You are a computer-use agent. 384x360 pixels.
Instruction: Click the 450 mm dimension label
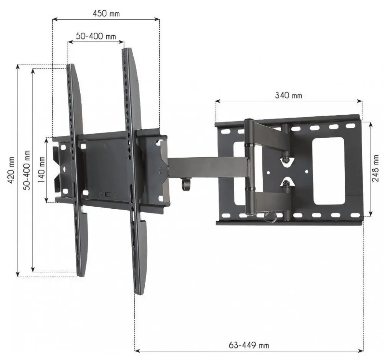coord(106,13)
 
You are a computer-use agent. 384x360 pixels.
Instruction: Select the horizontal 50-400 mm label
coord(96,36)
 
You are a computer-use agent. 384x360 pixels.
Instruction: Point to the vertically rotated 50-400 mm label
coord(27,170)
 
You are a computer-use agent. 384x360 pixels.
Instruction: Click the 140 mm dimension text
coord(41,170)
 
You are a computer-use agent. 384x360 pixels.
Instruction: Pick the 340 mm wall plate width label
coord(288,96)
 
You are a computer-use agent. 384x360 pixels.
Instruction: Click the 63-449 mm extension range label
coord(249,345)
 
